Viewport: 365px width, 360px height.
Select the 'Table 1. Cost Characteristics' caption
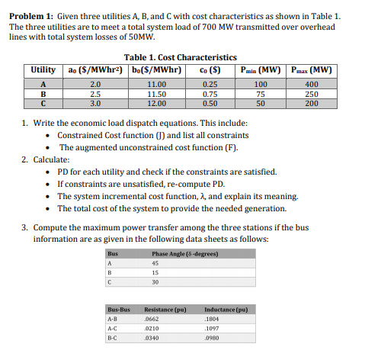click(180, 57)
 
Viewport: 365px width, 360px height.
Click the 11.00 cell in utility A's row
click(156, 84)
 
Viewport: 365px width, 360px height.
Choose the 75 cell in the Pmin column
click(261, 94)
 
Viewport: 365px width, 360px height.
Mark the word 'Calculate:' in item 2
click(51, 160)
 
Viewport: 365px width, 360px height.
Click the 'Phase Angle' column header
click(180, 252)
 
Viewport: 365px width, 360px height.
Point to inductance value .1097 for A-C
click(214, 328)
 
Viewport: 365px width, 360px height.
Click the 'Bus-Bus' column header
click(119, 309)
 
